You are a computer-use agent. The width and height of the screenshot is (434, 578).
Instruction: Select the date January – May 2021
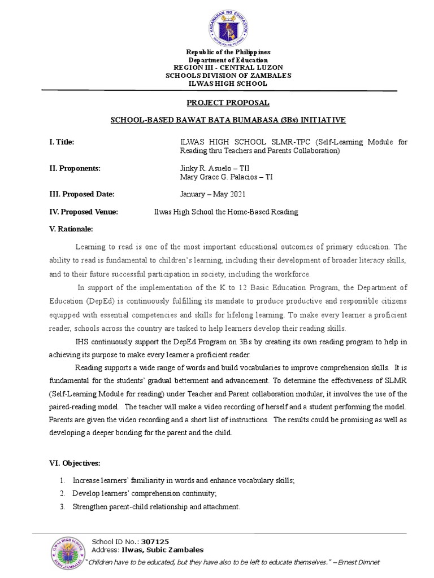pyautogui.click(x=205, y=194)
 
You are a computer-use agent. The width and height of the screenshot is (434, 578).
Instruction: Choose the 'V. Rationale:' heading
pyautogui.click(x=71, y=229)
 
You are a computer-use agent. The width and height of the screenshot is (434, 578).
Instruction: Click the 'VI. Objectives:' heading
pyautogui.click(x=75, y=463)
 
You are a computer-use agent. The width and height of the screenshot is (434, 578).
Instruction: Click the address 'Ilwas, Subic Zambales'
pyautogui.click(x=163, y=550)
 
